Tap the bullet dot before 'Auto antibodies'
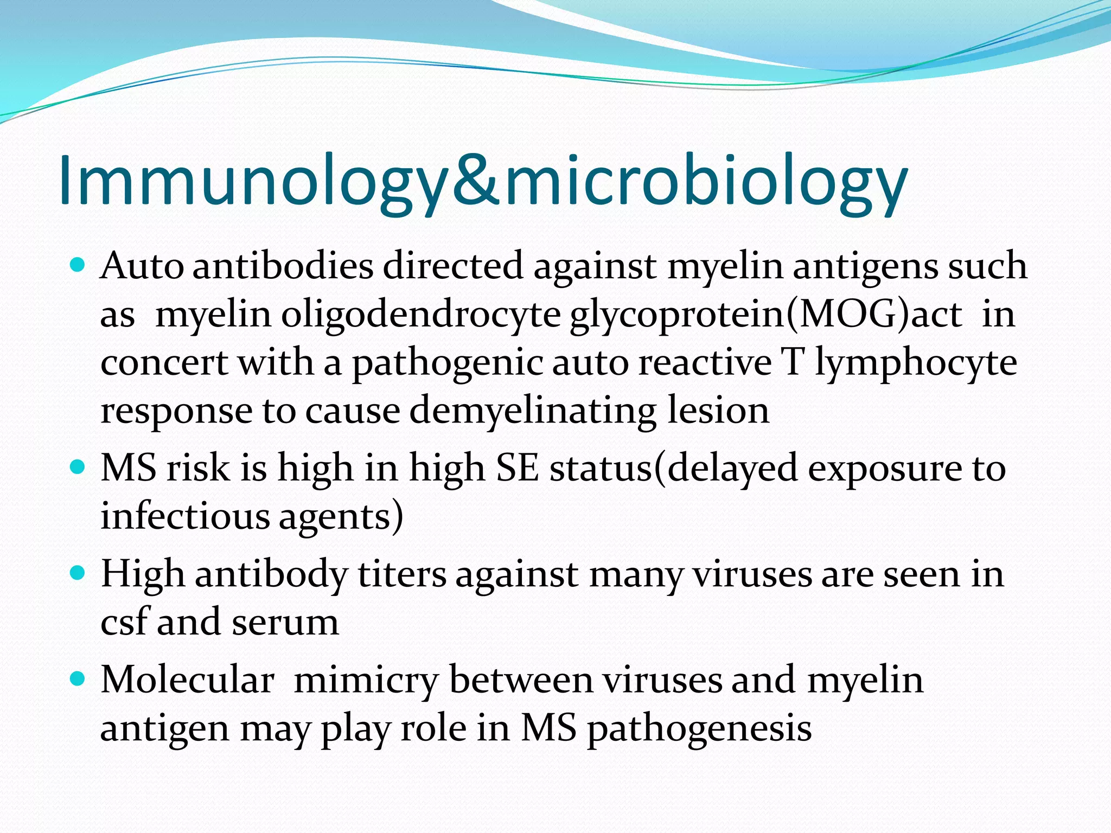click(79, 266)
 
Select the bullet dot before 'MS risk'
click(79, 467)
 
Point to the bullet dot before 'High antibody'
click(79, 573)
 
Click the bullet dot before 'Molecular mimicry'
click(79, 679)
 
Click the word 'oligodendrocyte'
click(420, 315)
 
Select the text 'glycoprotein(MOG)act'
click(765, 315)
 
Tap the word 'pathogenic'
click(448, 363)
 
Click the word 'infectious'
click(185, 516)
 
